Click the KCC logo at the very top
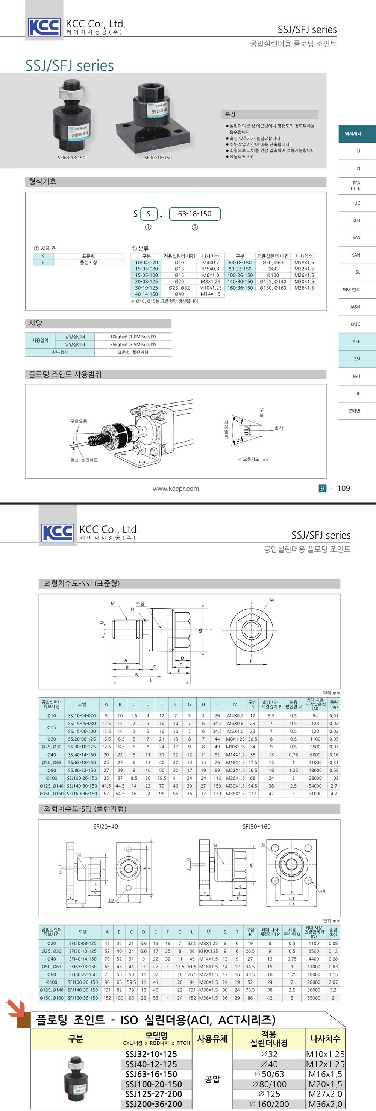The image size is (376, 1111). pyautogui.click(x=44, y=27)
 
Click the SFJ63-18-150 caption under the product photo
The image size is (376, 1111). pyautogui.click(x=158, y=158)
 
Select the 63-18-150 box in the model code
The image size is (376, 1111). pyautogui.click(x=194, y=214)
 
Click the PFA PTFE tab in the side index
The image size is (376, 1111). pyautogui.click(x=356, y=185)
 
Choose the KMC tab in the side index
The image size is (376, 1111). pyautogui.click(x=355, y=324)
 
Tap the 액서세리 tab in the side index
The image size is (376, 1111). pyautogui.click(x=353, y=134)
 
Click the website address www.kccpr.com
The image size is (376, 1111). pyautogui.click(x=176, y=489)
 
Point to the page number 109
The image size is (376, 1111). pyautogui.click(x=343, y=488)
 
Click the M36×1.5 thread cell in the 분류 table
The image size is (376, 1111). pyautogui.click(x=304, y=288)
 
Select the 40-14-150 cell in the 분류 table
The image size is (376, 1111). pyautogui.click(x=146, y=294)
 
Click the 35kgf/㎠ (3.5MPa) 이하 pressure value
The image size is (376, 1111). pyautogui.click(x=133, y=345)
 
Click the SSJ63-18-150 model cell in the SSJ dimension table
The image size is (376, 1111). pyautogui.click(x=82, y=762)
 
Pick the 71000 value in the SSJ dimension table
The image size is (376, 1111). pyautogui.click(x=315, y=794)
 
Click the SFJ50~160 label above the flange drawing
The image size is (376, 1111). pyautogui.click(x=256, y=827)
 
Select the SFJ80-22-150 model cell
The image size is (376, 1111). pyautogui.click(x=83, y=974)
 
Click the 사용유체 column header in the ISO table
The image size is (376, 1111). pyautogui.click(x=212, y=1038)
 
